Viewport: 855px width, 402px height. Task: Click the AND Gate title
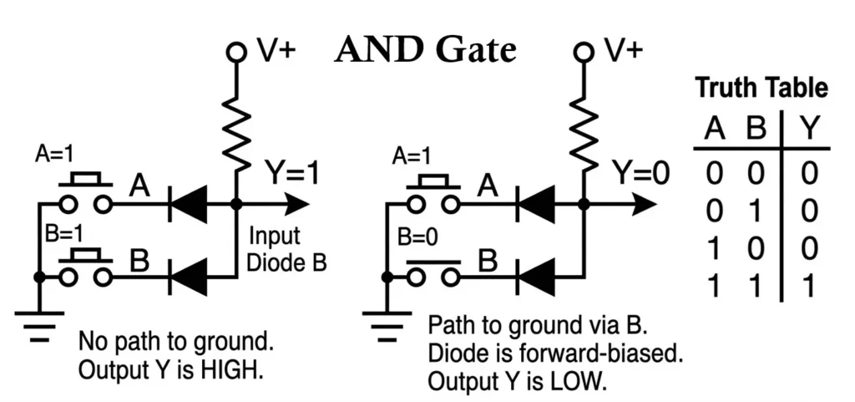coord(426,51)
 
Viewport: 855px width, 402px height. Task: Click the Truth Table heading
coord(761,88)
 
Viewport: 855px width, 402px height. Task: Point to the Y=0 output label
coord(641,174)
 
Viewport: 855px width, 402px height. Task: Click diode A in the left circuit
coord(188,203)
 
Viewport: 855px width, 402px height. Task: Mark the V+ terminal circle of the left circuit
coord(236,53)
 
